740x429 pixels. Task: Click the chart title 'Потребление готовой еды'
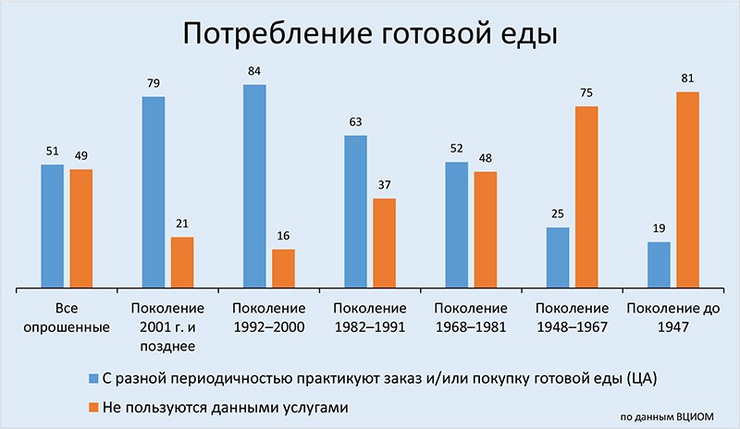[370, 34]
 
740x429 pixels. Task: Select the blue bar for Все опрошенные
[53, 227]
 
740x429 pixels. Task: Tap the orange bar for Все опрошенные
[81, 228]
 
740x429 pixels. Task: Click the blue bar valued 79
[154, 192]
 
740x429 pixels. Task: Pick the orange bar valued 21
[182, 263]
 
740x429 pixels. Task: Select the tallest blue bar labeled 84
[254, 186]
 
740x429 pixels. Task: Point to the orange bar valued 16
[283, 268]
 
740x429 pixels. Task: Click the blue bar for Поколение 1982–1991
[355, 212]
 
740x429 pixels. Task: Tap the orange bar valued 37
[384, 243]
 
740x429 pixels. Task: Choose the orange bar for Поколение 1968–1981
[485, 230]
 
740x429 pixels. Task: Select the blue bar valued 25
[558, 258]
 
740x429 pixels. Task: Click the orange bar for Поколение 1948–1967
[586, 197]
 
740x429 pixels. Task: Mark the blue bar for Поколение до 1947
[659, 264]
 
